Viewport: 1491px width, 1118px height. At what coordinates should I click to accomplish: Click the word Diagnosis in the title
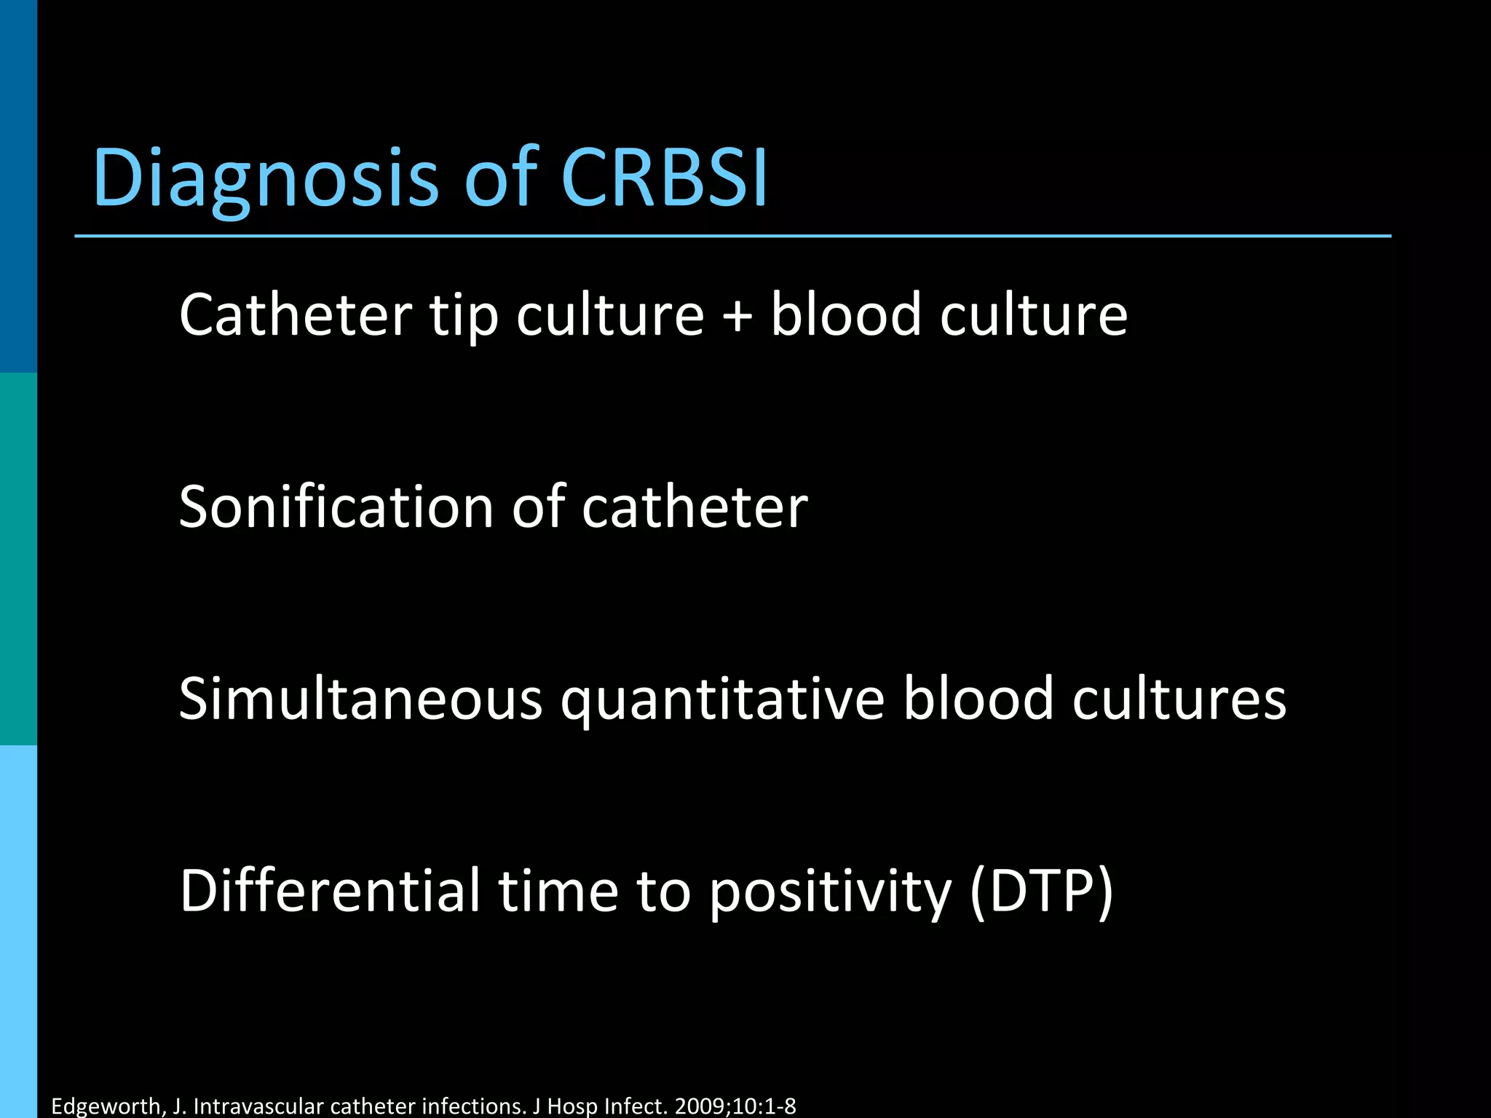point(266,178)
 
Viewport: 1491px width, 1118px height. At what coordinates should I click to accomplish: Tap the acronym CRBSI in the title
point(664,178)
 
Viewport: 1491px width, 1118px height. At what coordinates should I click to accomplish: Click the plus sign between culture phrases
point(737,316)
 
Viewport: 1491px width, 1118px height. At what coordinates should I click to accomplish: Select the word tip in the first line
point(463,316)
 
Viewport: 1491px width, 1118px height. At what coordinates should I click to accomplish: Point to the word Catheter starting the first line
point(296,314)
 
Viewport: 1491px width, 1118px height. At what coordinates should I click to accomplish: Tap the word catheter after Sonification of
point(695,507)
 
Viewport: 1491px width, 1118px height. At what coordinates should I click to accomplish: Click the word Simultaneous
point(360,699)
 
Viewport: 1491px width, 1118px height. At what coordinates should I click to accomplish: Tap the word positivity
point(830,892)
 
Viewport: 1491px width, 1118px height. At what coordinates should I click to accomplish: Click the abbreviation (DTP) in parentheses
point(1042,892)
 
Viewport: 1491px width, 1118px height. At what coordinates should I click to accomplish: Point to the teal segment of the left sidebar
point(18,559)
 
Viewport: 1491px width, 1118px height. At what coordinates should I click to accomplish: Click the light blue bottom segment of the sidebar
point(18,932)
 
